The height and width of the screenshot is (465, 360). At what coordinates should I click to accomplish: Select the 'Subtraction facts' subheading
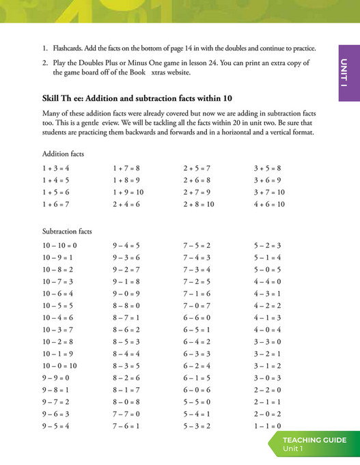pos(66,231)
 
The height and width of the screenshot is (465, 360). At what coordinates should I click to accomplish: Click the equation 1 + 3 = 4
pos(55,168)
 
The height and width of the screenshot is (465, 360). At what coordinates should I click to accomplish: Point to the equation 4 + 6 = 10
pos(268,204)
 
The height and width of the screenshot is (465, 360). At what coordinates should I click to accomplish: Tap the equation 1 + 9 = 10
pos(128,193)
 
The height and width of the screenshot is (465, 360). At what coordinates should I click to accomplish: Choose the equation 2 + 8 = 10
pos(198,204)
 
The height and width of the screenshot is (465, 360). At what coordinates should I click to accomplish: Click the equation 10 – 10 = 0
pos(59,245)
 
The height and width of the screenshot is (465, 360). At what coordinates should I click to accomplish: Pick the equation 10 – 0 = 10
pos(59,366)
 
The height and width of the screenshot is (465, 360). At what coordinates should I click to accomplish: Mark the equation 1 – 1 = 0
pos(267,426)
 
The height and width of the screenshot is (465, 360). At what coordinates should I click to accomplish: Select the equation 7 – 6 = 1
pos(126,426)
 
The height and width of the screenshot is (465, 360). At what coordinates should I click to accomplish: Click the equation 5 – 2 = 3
pos(267,245)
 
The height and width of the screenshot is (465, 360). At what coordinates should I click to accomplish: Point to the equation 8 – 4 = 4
pos(126,354)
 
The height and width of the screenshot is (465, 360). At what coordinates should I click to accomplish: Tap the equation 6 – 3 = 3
pos(197,354)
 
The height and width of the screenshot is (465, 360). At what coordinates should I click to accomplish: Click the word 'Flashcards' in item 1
pos(70,49)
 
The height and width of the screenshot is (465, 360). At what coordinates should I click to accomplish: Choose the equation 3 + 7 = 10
pos(268,193)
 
